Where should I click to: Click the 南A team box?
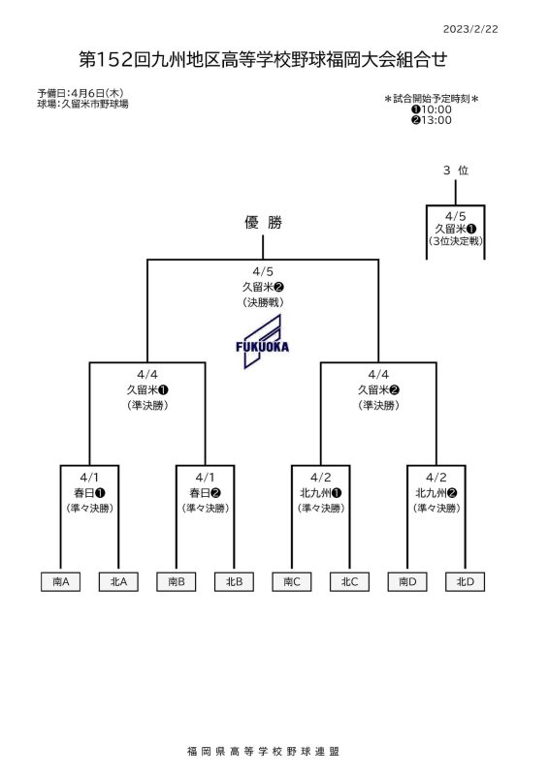pyautogui.click(x=60, y=582)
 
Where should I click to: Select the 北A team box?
pyautogui.click(x=118, y=582)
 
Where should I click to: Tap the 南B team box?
pyautogui.click(x=177, y=582)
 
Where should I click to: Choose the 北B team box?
pyautogui.click(x=234, y=582)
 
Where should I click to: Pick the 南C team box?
pyautogui.click(x=292, y=582)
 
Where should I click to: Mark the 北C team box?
pyautogui.click(x=349, y=582)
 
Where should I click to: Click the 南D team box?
pyautogui.click(x=407, y=582)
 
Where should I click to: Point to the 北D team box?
pyautogui.click(x=466, y=582)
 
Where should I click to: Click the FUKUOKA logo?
pyautogui.click(x=262, y=342)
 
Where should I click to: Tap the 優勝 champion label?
pyautogui.click(x=263, y=223)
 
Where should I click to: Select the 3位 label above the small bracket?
pyautogui.click(x=456, y=170)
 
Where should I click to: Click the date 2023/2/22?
pyautogui.click(x=470, y=29)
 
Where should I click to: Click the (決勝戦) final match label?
pyautogui.click(x=263, y=302)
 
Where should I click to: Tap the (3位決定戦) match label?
pyautogui.click(x=456, y=241)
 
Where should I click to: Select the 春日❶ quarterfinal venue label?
pyautogui.click(x=89, y=493)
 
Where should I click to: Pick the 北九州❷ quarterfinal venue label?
pyautogui.click(x=436, y=493)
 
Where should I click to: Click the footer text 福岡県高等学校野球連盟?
pyautogui.click(x=264, y=752)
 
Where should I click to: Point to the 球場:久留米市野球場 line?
pyautogui.click(x=82, y=104)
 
